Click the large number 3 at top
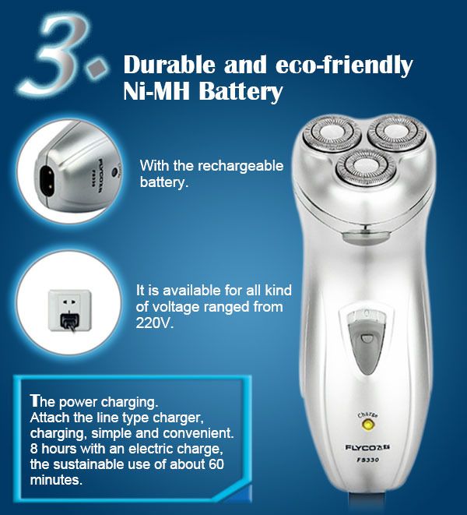point(56,55)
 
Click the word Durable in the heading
point(170,65)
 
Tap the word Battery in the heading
point(241,92)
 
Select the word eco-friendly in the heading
point(344,65)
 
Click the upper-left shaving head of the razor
point(332,134)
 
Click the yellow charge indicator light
point(367,425)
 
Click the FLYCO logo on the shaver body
point(367,447)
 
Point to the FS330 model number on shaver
point(367,460)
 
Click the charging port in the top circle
point(47,181)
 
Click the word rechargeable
point(241,166)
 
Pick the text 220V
point(153,323)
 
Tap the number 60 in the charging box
point(216,464)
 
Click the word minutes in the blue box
point(56,480)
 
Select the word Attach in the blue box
point(50,418)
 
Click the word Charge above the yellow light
point(367,415)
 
